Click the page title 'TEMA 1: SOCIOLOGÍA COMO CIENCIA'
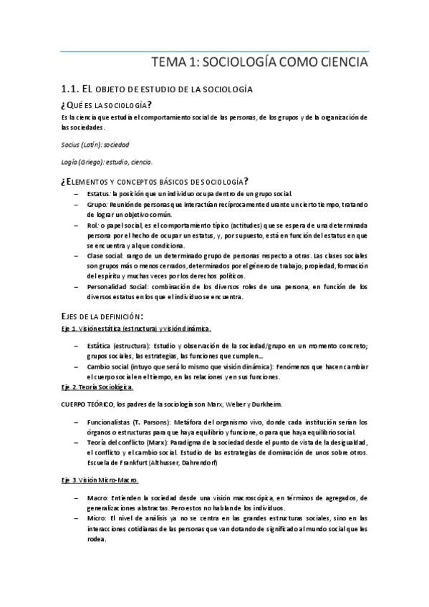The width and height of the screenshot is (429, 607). coord(261,62)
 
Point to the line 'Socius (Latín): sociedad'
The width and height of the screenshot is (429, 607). coord(95,144)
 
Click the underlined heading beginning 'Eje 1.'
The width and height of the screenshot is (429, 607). coord(136,329)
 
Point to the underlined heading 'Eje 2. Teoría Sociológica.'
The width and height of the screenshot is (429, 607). coord(97,387)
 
